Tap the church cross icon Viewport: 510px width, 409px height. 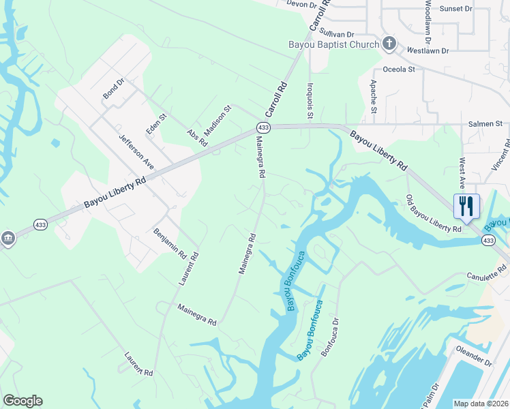389,44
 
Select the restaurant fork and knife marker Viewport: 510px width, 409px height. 466,206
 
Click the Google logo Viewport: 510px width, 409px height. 22,401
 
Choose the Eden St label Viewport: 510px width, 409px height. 156,124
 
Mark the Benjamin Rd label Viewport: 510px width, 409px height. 170,243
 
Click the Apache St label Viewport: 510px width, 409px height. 374,98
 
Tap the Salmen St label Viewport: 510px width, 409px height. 485,124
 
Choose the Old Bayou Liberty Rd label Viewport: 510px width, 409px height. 434,213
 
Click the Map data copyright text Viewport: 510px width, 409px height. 481,404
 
